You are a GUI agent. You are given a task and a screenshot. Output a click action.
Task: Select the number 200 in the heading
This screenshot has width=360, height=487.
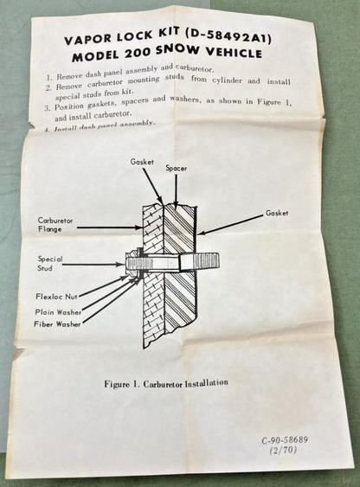[137, 54]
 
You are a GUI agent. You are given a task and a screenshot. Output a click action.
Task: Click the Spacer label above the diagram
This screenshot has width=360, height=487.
[177, 169]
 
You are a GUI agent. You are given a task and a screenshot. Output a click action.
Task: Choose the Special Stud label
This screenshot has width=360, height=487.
[49, 263]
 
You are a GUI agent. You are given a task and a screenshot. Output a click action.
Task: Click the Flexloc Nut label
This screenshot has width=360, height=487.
[56, 297]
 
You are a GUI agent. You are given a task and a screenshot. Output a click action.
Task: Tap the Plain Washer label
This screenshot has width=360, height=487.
[58, 312]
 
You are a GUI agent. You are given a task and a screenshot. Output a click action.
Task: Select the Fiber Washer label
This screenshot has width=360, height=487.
[57, 324]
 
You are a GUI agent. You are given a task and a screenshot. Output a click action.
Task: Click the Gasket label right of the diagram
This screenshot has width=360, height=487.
[277, 213]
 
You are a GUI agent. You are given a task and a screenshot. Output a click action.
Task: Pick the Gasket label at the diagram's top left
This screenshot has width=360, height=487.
[142, 162]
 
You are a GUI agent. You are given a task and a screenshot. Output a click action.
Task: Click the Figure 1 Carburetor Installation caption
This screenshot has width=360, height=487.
[166, 383]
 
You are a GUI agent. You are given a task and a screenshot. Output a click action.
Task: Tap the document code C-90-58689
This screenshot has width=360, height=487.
[285, 440]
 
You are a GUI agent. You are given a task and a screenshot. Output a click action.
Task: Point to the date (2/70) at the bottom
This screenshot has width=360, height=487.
[283, 450]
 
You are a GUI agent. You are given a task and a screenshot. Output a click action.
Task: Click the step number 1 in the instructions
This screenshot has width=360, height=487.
[49, 77]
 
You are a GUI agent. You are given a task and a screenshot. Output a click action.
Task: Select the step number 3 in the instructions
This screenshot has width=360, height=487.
[48, 108]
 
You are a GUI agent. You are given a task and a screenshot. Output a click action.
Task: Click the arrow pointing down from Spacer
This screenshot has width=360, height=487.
[177, 190]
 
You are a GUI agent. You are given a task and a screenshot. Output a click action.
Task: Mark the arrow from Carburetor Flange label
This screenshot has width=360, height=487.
[109, 227]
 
